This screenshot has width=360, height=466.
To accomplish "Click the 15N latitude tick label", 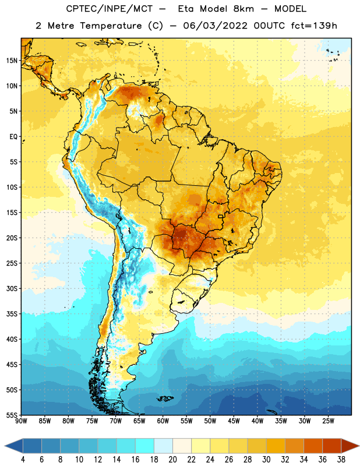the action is tap(12, 61).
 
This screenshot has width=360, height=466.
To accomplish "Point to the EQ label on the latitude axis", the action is tap(13, 137).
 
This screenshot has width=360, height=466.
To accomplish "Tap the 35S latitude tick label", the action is tap(12, 314).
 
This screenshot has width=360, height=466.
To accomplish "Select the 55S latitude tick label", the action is tap(12, 415).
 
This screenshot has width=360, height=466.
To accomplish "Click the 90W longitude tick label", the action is tap(21, 421).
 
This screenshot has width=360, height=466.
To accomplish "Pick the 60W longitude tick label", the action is tap(163, 421).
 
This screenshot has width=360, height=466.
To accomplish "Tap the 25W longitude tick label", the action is tap(328, 421).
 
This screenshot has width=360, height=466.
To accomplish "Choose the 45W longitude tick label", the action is tap(234, 421).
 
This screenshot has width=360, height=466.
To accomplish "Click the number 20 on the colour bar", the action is tap(172, 460).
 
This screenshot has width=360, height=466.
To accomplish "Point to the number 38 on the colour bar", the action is tap(341, 460).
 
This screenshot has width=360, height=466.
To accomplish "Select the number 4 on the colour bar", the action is tap(23, 460).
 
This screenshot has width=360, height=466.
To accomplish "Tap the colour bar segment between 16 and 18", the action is tap(145, 446).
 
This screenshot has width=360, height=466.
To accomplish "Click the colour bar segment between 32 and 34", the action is tap(294, 446).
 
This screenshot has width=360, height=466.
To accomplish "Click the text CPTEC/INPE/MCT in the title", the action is tap(110, 9).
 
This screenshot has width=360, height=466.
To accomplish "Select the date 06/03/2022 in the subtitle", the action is tap(215, 26).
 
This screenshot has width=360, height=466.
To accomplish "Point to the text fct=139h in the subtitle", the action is tap(314, 26).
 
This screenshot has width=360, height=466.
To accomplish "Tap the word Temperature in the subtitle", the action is tap(111, 26).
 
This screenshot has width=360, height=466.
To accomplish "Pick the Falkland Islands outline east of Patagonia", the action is tap(165, 398).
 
